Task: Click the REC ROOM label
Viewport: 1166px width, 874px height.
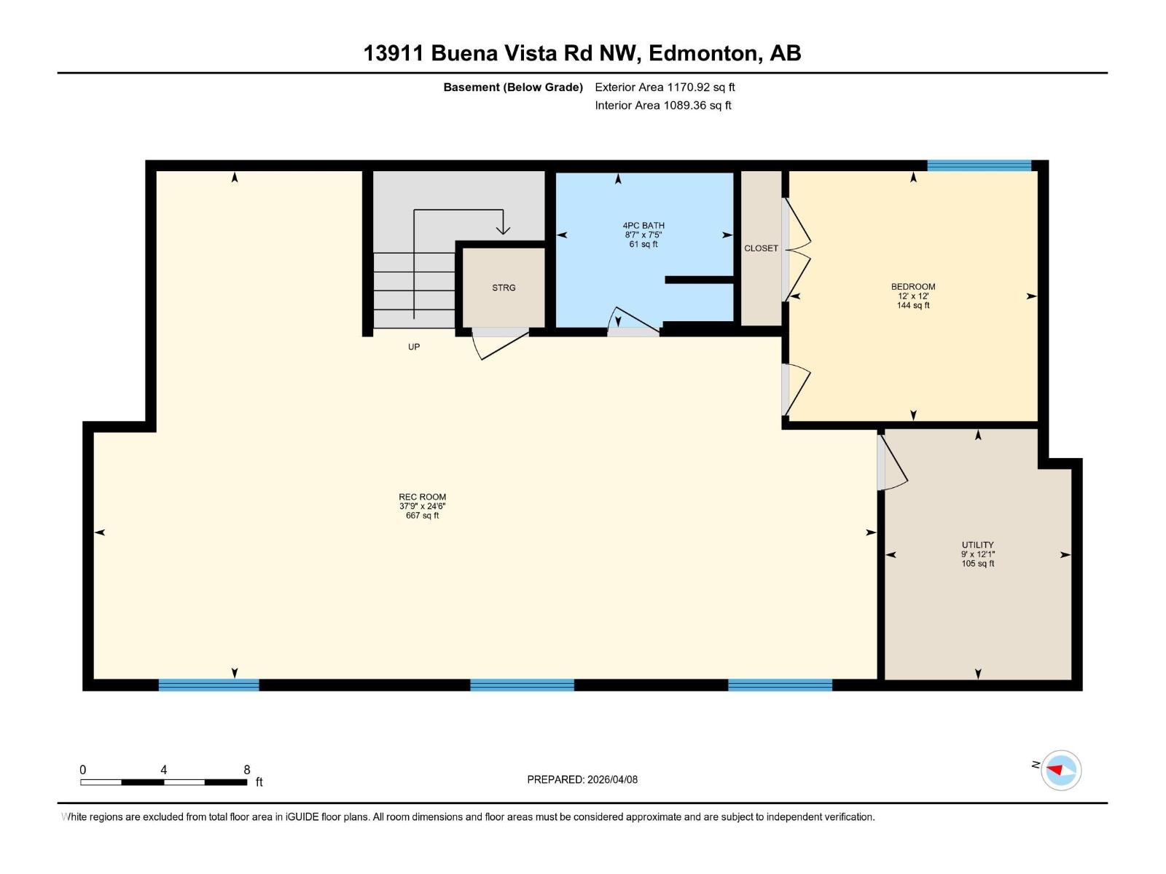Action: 422,497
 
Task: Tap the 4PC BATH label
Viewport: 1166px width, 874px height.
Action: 643,226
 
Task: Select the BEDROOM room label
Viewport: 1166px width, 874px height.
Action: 912,287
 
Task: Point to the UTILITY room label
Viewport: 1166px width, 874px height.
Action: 977,545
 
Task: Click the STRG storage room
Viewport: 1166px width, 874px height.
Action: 504,288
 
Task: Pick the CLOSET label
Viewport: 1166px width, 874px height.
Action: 761,248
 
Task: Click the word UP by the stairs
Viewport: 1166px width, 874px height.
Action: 414,347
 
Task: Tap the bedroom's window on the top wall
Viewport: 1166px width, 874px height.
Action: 979,166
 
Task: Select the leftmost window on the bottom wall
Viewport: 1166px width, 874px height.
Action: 208,685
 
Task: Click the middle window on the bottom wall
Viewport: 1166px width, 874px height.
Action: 522,685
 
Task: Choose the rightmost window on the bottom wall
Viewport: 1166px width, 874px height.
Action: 780,685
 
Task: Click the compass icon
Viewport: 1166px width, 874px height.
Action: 1060,770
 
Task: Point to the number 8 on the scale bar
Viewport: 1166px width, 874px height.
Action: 247,770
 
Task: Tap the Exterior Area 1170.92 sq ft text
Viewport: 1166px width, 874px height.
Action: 665,87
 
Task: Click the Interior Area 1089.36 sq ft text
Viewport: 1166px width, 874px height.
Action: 662,106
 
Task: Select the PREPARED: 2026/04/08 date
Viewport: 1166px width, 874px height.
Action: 582,779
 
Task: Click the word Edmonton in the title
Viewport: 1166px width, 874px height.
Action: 703,53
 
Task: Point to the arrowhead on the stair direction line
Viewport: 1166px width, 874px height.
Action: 503,229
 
